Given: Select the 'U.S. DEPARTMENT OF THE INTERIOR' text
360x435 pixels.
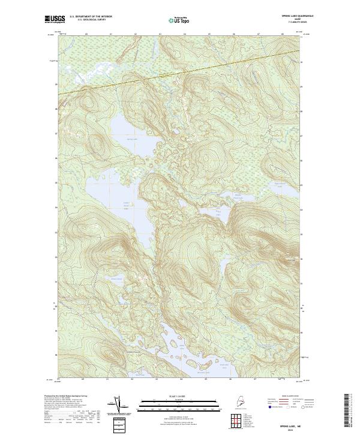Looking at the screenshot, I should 91,16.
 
